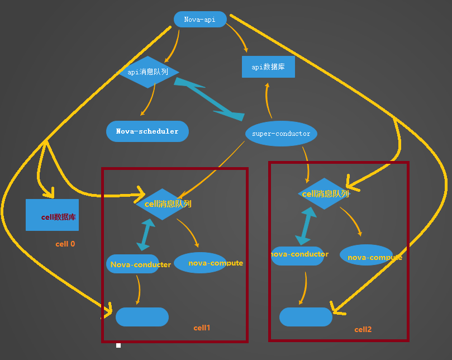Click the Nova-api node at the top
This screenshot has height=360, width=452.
tap(200, 20)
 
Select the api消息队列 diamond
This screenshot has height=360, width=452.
tap(149, 72)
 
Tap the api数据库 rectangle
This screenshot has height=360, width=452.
tap(268, 67)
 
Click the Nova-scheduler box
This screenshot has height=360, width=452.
tap(148, 131)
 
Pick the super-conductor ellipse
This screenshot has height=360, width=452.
tap(281, 134)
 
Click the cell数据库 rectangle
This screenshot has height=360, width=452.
tap(52, 215)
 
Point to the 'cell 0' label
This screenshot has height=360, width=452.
tap(65, 244)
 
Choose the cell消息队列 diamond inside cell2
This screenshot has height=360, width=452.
tap(325, 194)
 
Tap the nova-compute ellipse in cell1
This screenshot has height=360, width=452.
tap(201, 263)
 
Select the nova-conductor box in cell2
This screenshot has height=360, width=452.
tap(297, 255)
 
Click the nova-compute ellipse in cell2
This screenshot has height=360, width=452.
tap(367, 255)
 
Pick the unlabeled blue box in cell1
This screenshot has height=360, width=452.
tap(142, 317)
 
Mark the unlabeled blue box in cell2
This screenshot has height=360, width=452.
tap(306, 317)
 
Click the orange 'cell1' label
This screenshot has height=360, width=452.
tap(202, 328)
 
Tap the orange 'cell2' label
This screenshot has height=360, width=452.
tap(363, 330)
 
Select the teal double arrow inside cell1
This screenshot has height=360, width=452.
tap(147, 234)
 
